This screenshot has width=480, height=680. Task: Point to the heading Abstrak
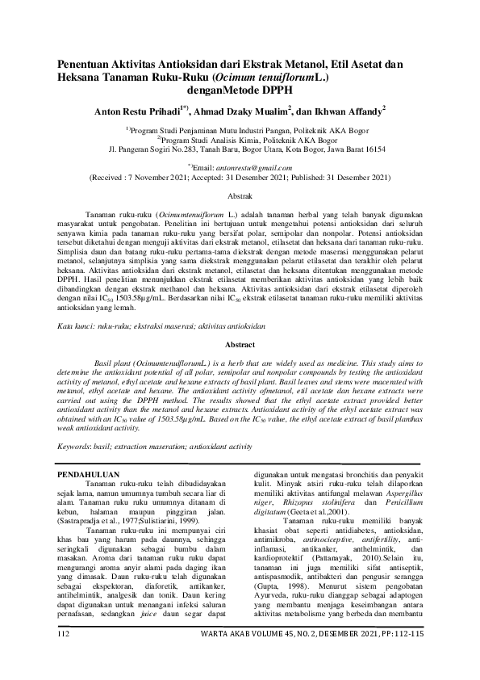tap(239, 196)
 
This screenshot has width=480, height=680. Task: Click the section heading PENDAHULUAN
tap(91, 475)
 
